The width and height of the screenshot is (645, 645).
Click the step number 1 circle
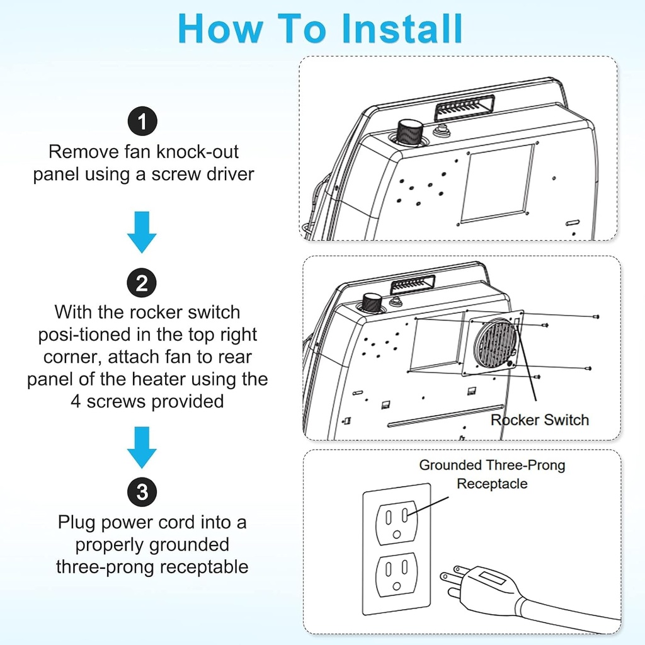pos(142,122)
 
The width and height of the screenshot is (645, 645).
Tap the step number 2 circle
pos(142,283)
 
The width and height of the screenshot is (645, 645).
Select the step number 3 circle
pos(142,492)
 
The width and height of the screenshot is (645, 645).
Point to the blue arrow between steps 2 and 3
pos(142,447)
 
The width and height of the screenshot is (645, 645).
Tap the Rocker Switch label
pos(540,420)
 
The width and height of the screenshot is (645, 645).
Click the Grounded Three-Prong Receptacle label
pos(492,474)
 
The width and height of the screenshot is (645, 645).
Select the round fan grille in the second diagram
pos(496,347)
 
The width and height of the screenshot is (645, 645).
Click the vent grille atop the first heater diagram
pos(463,108)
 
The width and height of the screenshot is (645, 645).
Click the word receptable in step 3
pos(204,566)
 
